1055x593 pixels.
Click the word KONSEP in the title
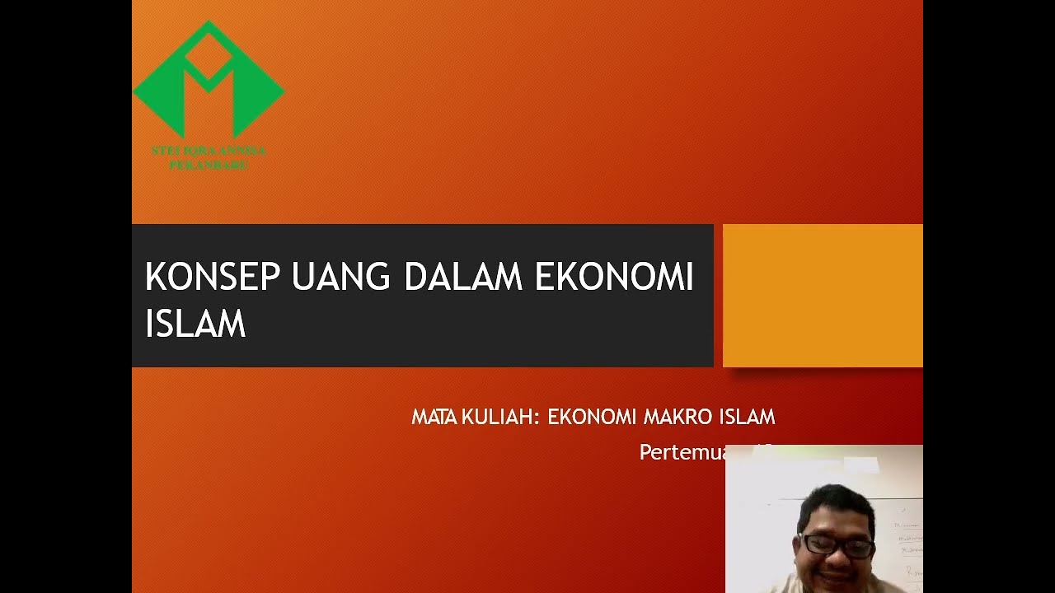[x=213, y=278]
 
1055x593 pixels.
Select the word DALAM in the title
[x=462, y=278]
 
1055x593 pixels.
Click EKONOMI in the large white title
[x=614, y=278]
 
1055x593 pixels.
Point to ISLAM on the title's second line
[x=195, y=324]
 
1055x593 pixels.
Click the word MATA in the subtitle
[x=434, y=418]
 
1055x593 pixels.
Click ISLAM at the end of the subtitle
[x=748, y=418]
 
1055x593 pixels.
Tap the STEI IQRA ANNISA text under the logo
[x=209, y=152]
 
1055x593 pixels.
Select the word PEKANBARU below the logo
[x=209, y=166]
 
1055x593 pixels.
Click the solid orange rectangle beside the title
[x=823, y=295]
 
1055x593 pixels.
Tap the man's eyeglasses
[x=836, y=545]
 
